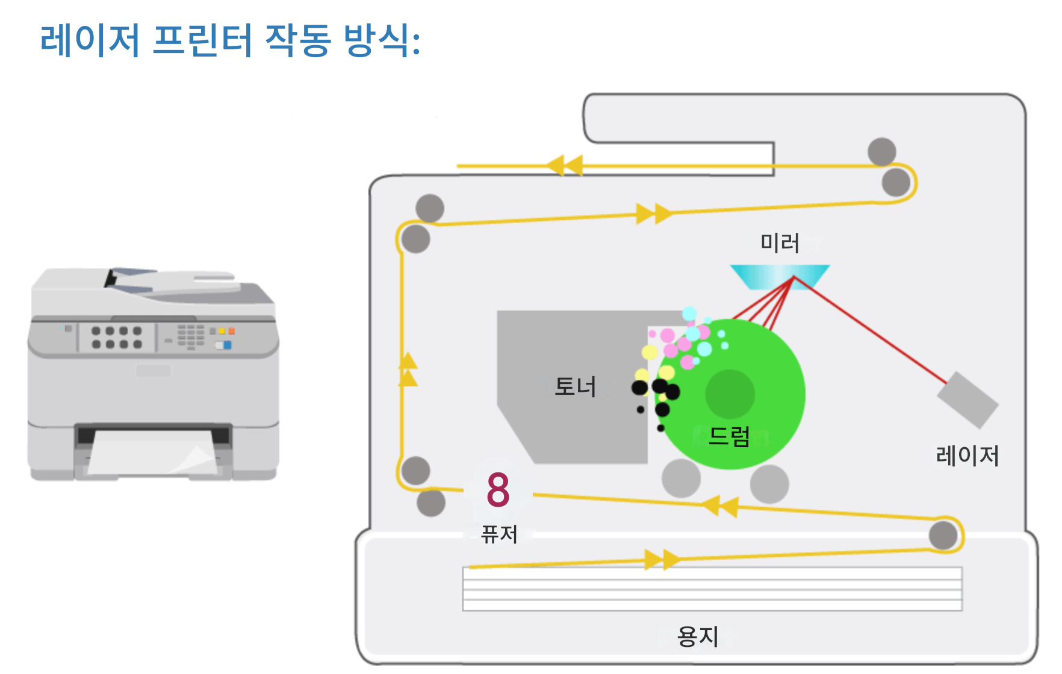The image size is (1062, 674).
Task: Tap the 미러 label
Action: coord(780,243)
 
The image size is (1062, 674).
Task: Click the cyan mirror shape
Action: coord(780,276)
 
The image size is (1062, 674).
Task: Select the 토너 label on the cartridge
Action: coord(575,386)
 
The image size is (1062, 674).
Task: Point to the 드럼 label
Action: coord(729,436)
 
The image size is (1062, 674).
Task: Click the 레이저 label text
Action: coord(967,456)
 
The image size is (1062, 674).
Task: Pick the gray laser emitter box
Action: coord(967,400)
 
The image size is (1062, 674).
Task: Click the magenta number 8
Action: coord(498,490)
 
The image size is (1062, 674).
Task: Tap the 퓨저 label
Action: coord(499,534)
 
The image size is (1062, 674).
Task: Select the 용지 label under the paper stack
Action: coord(698,636)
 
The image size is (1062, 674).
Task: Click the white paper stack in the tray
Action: coord(712,589)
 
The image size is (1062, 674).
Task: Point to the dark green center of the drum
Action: coord(730,394)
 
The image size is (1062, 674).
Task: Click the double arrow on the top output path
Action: coord(565,165)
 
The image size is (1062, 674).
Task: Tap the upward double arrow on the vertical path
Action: coord(408,368)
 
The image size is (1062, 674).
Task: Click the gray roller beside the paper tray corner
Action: coord(943,535)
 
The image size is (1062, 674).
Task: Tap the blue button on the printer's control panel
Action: coord(227,345)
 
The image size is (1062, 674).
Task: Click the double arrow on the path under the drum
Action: coord(721,505)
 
